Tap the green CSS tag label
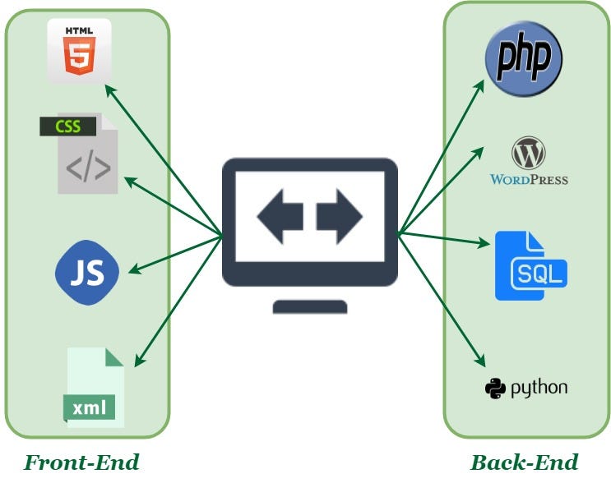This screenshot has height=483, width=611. click(67, 127)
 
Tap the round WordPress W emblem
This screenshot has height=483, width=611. click(528, 154)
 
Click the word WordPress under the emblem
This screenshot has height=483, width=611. click(529, 179)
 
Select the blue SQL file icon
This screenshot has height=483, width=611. click(530, 265)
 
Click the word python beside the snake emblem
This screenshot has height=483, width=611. click(539, 388)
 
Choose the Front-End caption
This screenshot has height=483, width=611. click(81, 462)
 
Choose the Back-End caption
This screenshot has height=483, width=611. click(524, 462)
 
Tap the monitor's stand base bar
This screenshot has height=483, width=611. click(309, 307)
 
